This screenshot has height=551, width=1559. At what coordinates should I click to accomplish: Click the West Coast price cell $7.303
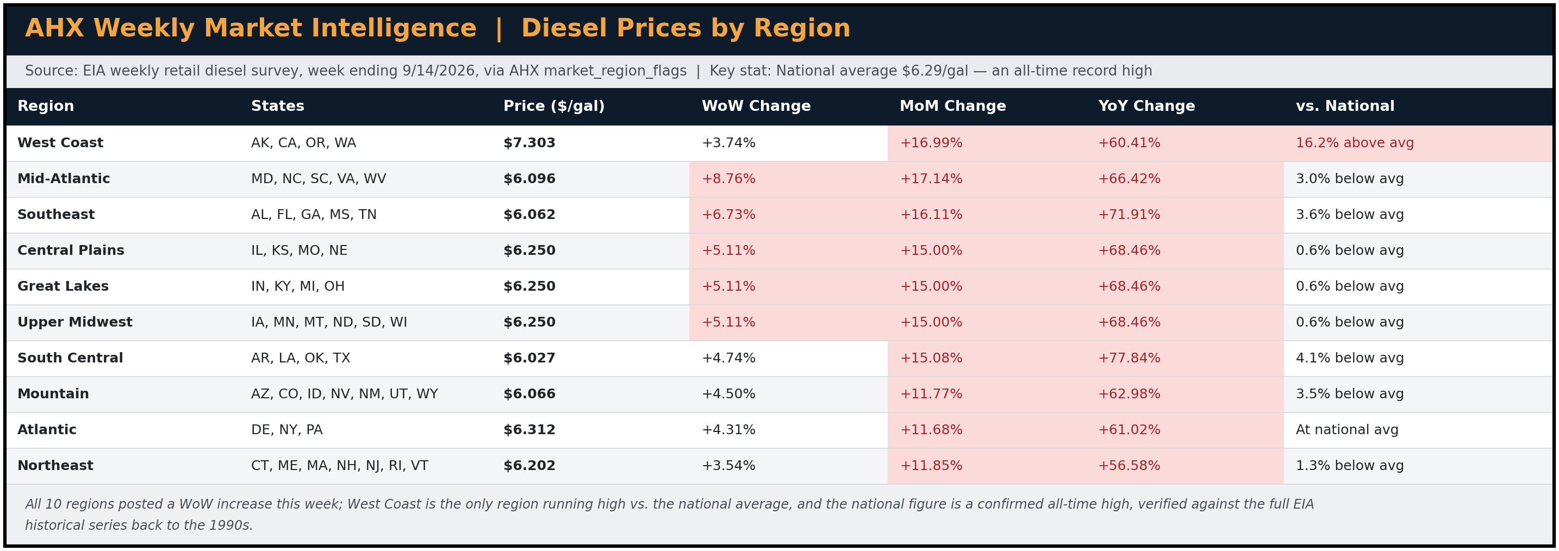529,143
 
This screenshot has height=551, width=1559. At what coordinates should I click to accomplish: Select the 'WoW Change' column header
756,107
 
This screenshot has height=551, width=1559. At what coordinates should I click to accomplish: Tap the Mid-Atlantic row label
64,179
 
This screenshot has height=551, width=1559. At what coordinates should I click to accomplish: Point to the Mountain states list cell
344,395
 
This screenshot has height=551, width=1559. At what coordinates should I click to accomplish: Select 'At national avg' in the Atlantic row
1346,430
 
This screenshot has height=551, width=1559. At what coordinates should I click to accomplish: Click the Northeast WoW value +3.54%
728,466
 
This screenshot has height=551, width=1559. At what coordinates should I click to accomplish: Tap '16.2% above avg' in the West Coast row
1355,143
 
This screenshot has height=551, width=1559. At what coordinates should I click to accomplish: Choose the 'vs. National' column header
1345,107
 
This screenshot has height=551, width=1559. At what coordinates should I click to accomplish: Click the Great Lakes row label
63,287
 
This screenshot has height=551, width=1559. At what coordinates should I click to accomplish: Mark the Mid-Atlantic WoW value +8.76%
728,179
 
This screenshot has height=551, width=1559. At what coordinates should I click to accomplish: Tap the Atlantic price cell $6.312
529,430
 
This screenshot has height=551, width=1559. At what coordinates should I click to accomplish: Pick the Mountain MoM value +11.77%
931,395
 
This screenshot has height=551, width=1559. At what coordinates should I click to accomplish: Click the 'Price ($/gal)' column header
554,107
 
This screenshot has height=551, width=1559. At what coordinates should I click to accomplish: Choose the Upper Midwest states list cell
329,322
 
